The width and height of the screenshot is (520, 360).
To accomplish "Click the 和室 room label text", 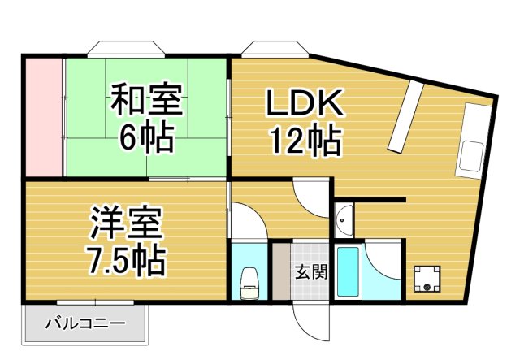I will coord(146,102).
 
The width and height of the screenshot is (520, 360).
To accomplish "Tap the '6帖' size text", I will coord(146,138).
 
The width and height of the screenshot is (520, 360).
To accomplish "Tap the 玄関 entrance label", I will coord(310,271).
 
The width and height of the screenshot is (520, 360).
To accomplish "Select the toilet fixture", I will coord(250,281).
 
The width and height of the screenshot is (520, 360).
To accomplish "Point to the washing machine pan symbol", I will coord(427,279).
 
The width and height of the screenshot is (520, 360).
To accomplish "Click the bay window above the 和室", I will coord(120,46).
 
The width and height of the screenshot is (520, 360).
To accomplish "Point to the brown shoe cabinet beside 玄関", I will coord(280,271).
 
